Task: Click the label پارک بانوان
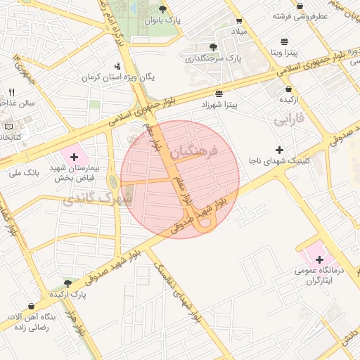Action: tap(163, 20)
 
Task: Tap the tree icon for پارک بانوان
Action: tap(163, 9)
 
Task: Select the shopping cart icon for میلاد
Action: tap(239, 21)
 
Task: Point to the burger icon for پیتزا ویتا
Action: tap(283, 41)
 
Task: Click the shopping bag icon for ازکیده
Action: tap(289, 89)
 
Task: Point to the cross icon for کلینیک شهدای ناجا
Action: tap(280, 150)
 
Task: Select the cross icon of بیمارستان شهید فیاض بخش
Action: tap(74, 155)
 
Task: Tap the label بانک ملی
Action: tap(39, 172)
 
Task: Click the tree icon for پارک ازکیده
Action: tap(68, 283)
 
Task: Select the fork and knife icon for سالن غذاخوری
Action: tap(11, 92)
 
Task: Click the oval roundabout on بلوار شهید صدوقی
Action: tap(205, 226)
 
